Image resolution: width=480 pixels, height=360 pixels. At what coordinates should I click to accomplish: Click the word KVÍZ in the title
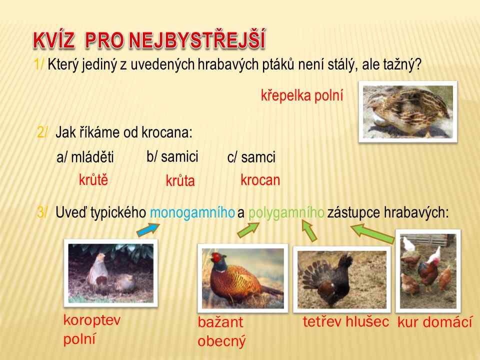(x=53, y=40)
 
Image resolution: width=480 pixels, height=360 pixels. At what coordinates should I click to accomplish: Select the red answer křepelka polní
(x=302, y=95)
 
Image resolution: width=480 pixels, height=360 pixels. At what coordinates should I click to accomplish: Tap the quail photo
(x=408, y=111)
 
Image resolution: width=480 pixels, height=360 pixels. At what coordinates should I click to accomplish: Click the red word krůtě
(x=93, y=179)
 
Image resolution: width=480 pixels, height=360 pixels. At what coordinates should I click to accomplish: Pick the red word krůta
(x=180, y=180)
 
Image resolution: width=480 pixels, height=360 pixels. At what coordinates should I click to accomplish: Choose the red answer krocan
(x=260, y=179)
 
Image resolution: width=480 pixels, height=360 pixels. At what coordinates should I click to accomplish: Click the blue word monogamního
(x=192, y=212)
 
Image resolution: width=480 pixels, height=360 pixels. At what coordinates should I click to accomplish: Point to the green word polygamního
(x=286, y=212)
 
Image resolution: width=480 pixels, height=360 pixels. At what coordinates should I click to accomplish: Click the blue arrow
(x=148, y=230)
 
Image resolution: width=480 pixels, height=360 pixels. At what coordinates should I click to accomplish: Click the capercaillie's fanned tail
(x=314, y=273)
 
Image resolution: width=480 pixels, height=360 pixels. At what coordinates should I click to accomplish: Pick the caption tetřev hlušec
(x=346, y=321)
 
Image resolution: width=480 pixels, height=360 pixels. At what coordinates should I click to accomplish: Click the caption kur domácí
(x=434, y=322)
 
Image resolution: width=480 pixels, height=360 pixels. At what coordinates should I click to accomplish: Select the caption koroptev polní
(x=92, y=329)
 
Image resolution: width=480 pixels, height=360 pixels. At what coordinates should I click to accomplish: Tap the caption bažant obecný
(x=221, y=331)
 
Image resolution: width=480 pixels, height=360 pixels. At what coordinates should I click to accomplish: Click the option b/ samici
(x=172, y=156)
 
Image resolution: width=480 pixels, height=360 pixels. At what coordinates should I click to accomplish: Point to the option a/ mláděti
(x=85, y=157)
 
